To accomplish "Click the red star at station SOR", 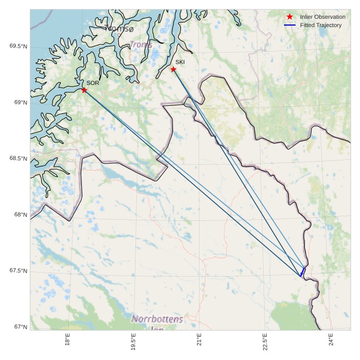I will [84, 90].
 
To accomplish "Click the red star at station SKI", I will [173, 69].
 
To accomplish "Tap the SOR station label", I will [93, 83].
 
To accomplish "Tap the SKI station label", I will [180, 62].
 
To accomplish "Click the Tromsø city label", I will [119, 28].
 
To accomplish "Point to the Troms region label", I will [141, 45].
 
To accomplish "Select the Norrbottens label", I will [158, 319].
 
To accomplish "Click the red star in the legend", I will [290, 17].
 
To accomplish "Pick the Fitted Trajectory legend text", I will [321, 25].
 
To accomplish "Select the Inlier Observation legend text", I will [322, 17].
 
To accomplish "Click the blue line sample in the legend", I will [290, 25].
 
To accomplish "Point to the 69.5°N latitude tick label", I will [18, 46].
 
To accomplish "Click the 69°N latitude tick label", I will [20, 103].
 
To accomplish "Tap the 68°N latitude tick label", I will [20, 215].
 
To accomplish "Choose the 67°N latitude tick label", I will [20, 327].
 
